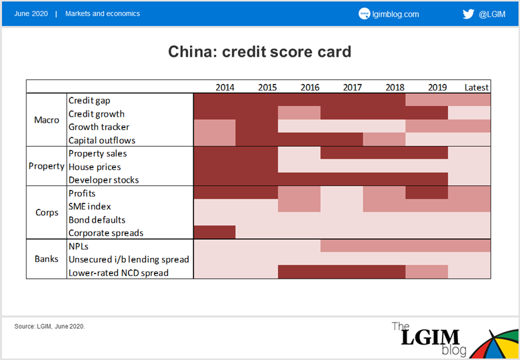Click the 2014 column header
tap(225, 87)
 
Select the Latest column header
tap(477, 87)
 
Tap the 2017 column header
tap(352, 87)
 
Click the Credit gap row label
tap(89, 101)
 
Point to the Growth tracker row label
tap(99, 127)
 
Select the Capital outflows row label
tap(102, 140)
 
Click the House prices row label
tap(95, 167)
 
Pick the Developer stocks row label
tap(103, 180)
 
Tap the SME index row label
tap(89, 207)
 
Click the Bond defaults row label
tap(97, 220)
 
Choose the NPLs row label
tap(78, 246)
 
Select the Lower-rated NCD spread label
tap(119, 273)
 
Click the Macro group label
tap(47, 120)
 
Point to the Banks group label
tap(47, 259)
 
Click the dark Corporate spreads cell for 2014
tap(215, 232)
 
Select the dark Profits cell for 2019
tap(427, 192)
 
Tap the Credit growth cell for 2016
tap(299, 113)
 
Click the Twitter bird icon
tap(468, 14)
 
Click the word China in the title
tap(192, 52)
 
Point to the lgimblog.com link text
tap(395, 14)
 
